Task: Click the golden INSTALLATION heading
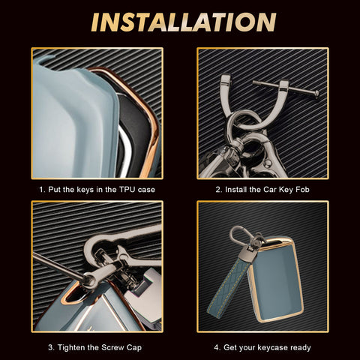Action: [x=184, y=22]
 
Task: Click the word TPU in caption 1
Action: [x=127, y=190]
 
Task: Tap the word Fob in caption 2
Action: [x=302, y=190]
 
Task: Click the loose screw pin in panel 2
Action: [x=286, y=89]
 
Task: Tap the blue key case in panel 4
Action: [x=276, y=280]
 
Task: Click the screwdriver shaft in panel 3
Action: [x=58, y=265]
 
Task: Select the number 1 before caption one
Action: [x=42, y=190]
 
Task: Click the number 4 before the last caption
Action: [x=217, y=347]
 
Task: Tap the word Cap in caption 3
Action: [x=134, y=348]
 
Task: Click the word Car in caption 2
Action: [x=270, y=190]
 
